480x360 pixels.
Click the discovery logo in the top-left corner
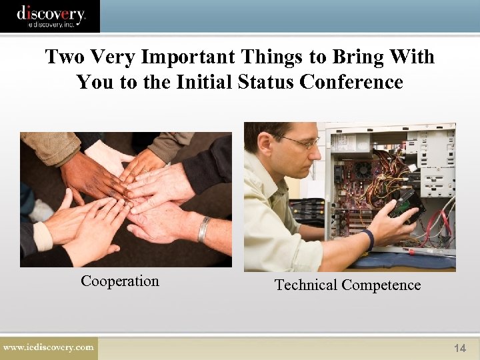point(50,16)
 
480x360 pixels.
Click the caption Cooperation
point(120,281)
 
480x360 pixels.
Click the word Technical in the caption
point(306,285)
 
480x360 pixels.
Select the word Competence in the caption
point(381,285)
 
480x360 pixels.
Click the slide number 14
point(459,348)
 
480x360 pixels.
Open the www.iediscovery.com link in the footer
point(48,347)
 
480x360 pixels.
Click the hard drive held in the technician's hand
point(407,208)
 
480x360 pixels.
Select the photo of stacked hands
point(126,199)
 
